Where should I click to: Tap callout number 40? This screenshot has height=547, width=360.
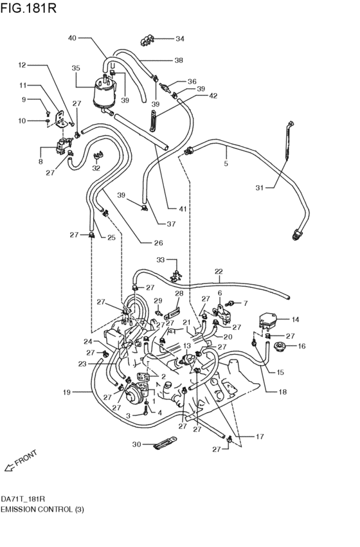[x=72, y=38]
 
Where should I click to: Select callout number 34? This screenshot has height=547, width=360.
[x=179, y=39]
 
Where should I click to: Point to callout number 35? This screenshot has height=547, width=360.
[x=76, y=67]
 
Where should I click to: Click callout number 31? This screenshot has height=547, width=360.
[x=260, y=188]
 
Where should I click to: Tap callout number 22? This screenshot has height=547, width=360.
[x=219, y=271]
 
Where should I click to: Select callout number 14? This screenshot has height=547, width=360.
[x=295, y=319]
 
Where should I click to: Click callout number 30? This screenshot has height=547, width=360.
[x=136, y=444]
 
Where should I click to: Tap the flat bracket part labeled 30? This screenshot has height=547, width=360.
[x=165, y=444]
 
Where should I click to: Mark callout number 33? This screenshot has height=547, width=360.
[x=161, y=260]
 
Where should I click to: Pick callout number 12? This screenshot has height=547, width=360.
[x=21, y=65]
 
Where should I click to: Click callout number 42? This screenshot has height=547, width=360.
[x=213, y=96]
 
